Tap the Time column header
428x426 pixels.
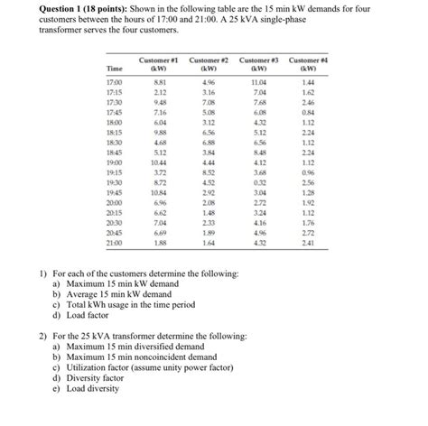pyautogui.click(x=116, y=67)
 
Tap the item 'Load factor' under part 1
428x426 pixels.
pyautogui.click(x=89, y=316)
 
